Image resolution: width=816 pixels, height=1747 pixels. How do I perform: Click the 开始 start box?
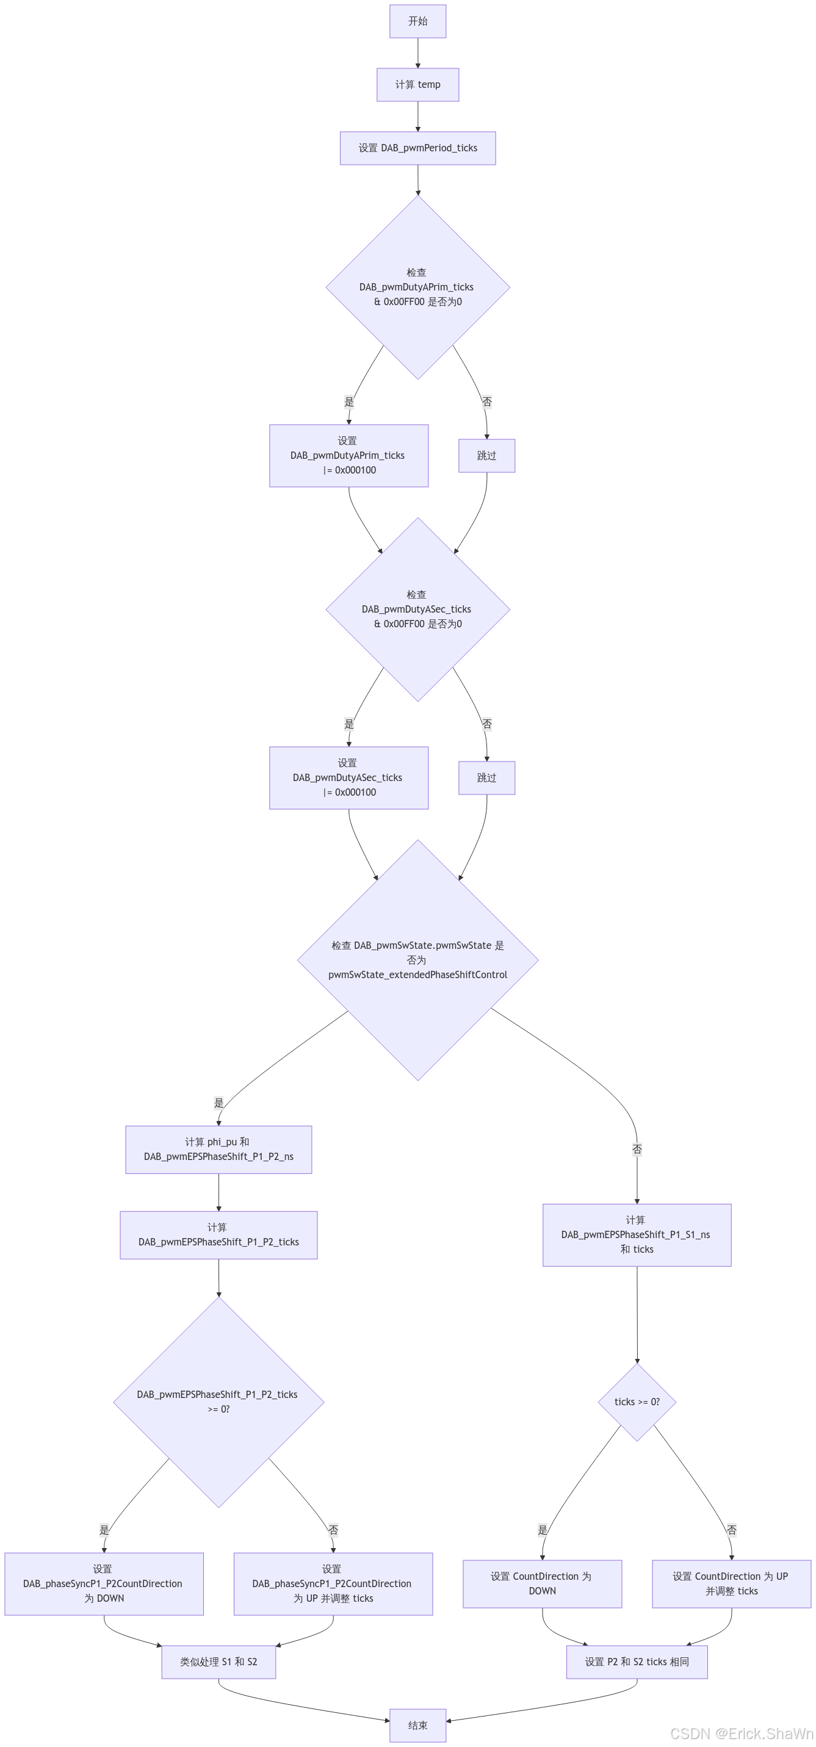click(x=417, y=21)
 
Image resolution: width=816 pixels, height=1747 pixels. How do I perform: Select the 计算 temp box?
click(x=417, y=85)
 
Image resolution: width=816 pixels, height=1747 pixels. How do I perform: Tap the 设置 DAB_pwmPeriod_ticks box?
click(x=417, y=148)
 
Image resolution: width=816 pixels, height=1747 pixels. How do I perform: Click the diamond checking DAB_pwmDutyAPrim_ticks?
click(x=417, y=287)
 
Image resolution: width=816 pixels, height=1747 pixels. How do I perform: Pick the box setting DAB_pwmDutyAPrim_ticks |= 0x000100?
click(x=348, y=456)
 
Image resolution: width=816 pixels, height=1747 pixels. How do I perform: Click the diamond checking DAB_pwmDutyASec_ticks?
click(x=417, y=609)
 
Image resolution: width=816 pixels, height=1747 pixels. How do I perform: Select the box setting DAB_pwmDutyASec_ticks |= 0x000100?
click(x=348, y=778)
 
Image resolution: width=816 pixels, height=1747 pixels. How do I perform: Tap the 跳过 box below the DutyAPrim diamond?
click(x=486, y=456)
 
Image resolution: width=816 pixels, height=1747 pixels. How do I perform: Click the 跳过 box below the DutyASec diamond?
click(x=486, y=778)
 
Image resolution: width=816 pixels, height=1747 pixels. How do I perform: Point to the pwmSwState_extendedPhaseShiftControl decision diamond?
click(x=417, y=960)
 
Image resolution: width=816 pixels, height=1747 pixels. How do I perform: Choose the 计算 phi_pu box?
click(x=218, y=1150)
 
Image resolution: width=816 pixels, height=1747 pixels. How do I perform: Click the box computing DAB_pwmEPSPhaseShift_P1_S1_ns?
click(x=636, y=1235)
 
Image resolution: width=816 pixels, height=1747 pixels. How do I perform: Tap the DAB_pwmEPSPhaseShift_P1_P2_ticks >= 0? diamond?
click(x=218, y=1402)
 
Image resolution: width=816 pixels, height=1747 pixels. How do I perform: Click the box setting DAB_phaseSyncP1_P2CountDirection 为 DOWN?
click(x=104, y=1583)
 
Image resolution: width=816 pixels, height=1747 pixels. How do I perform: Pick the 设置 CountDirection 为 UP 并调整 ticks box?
click(x=731, y=1583)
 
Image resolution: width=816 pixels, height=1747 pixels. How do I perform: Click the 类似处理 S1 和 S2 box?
click(x=218, y=1662)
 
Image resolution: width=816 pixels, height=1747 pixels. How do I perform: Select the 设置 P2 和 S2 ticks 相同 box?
click(x=636, y=1662)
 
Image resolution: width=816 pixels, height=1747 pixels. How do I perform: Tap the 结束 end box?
click(x=417, y=1725)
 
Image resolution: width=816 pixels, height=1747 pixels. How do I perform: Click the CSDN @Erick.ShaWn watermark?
click(x=740, y=1733)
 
